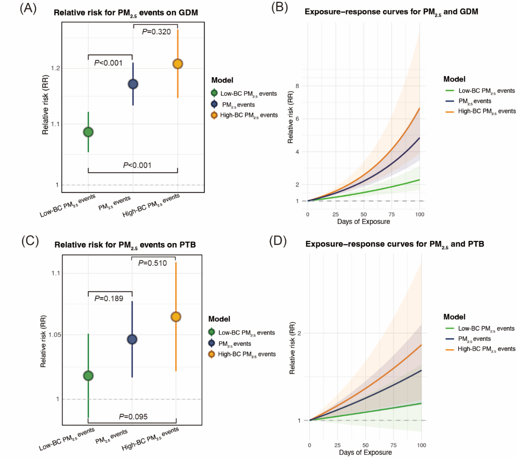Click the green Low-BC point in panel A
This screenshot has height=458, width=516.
(x=88, y=132)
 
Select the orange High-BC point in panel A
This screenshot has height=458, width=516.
(x=178, y=64)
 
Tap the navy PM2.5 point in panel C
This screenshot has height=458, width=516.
(x=132, y=339)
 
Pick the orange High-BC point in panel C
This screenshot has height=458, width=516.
(x=176, y=317)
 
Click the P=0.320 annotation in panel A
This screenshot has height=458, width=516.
(x=157, y=32)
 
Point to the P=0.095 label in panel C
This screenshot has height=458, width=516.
(x=133, y=417)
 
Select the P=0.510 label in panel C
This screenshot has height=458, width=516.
(x=152, y=263)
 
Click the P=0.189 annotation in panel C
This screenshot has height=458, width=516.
(x=109, y=298)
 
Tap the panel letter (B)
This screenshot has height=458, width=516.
(x=279, y=8)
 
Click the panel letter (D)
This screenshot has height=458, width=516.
(x=278, y=241)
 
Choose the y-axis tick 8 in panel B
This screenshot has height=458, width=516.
(x=297, y=86)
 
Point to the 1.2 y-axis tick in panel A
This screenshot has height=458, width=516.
(x=55, y=68)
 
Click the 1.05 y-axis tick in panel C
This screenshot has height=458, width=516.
(x=54, y=335)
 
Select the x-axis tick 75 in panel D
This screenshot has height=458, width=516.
(x=393, y=445)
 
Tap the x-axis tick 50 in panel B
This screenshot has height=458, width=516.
(x=364, y=214)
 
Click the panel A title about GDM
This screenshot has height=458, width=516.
(x=126, y=13)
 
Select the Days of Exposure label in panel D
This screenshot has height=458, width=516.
(x=365, y=452)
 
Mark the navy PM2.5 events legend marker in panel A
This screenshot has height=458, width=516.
(x=214, y=104)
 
